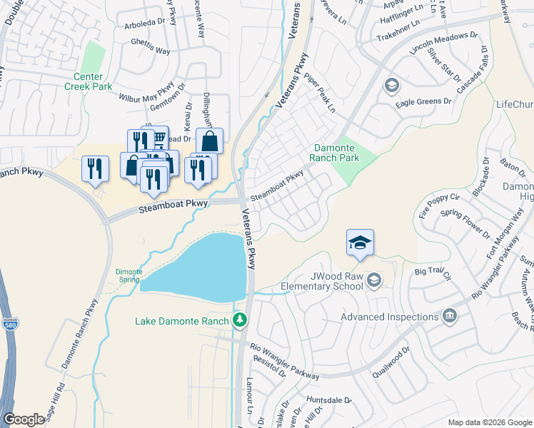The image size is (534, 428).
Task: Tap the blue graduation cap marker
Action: coord(361,243)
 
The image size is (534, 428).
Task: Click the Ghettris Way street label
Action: coord(151,51)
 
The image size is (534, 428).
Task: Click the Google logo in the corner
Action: coord(24,419)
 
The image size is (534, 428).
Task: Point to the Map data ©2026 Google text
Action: coord(489,422)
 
